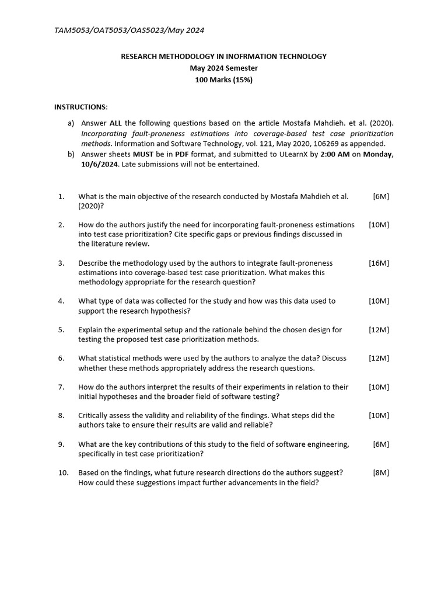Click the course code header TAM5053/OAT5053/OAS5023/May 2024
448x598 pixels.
(129, 30)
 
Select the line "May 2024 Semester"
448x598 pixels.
(223, 68)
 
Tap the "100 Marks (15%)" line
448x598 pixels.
(223, 80)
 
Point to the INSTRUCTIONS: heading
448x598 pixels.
(81, 107)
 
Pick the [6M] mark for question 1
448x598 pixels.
(381, 196)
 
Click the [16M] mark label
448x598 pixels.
(379, 263)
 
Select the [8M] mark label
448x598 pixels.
(381, 472)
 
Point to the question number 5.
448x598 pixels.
(61, 329)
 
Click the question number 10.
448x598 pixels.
(63, 472)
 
